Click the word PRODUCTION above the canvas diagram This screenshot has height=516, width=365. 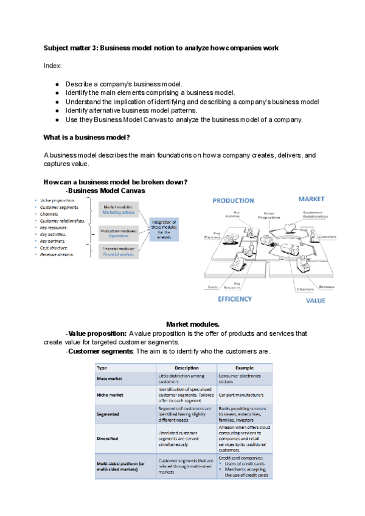click(x=233, y=200)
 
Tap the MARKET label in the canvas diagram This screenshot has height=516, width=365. click(x=311, y=199)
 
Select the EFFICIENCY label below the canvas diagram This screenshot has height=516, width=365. click(x=234, y=299)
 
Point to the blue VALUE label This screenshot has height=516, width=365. click(x=315, y=300)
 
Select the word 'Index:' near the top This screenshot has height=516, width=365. click(x=53, y=65)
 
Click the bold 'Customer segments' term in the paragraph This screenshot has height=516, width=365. click(x=100, y=351)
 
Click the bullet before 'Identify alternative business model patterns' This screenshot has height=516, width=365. click(x=57, y=110)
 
